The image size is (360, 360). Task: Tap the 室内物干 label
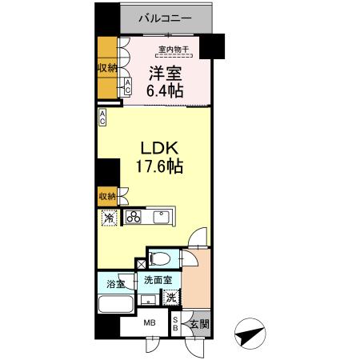174,51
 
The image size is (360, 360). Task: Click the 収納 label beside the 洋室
107,69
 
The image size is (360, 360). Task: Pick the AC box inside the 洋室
127,87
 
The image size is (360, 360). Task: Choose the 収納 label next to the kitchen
106,195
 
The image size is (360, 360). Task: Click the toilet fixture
159,258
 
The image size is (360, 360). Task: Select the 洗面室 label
158,281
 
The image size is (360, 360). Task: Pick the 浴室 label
115,283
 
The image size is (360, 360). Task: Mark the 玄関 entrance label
200,325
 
